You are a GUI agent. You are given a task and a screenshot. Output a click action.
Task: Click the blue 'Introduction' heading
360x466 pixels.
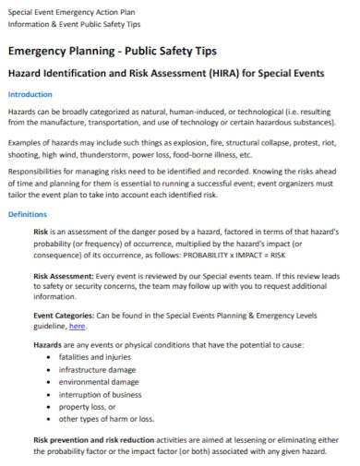(30, 94)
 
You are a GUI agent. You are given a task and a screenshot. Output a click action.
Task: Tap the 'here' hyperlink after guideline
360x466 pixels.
(78, 326)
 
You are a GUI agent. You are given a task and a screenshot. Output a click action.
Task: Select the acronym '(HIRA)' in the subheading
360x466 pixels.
(217, 72)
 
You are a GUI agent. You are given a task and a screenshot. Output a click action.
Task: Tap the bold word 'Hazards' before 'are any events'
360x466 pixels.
(48, 344)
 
